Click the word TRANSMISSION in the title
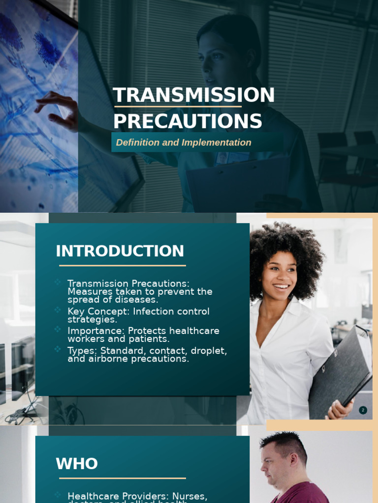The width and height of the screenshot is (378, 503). [x=193, y=95]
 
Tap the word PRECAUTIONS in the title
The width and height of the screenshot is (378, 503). [x=188, y=121]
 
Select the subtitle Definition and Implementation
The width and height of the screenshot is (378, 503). [x=184, y=142]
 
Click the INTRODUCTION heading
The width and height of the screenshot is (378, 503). [x=120, y=251]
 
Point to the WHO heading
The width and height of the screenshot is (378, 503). [x=77, y=464]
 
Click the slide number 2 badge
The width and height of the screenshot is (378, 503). [x=363, y=410]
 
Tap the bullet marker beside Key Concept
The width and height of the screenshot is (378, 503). [x=58, y=309]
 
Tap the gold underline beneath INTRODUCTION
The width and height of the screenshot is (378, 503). [x=123, y=266]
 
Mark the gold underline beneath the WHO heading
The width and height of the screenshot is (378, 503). [x=123, y=478]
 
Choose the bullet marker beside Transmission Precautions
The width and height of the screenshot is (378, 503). [x=58, y=282]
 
